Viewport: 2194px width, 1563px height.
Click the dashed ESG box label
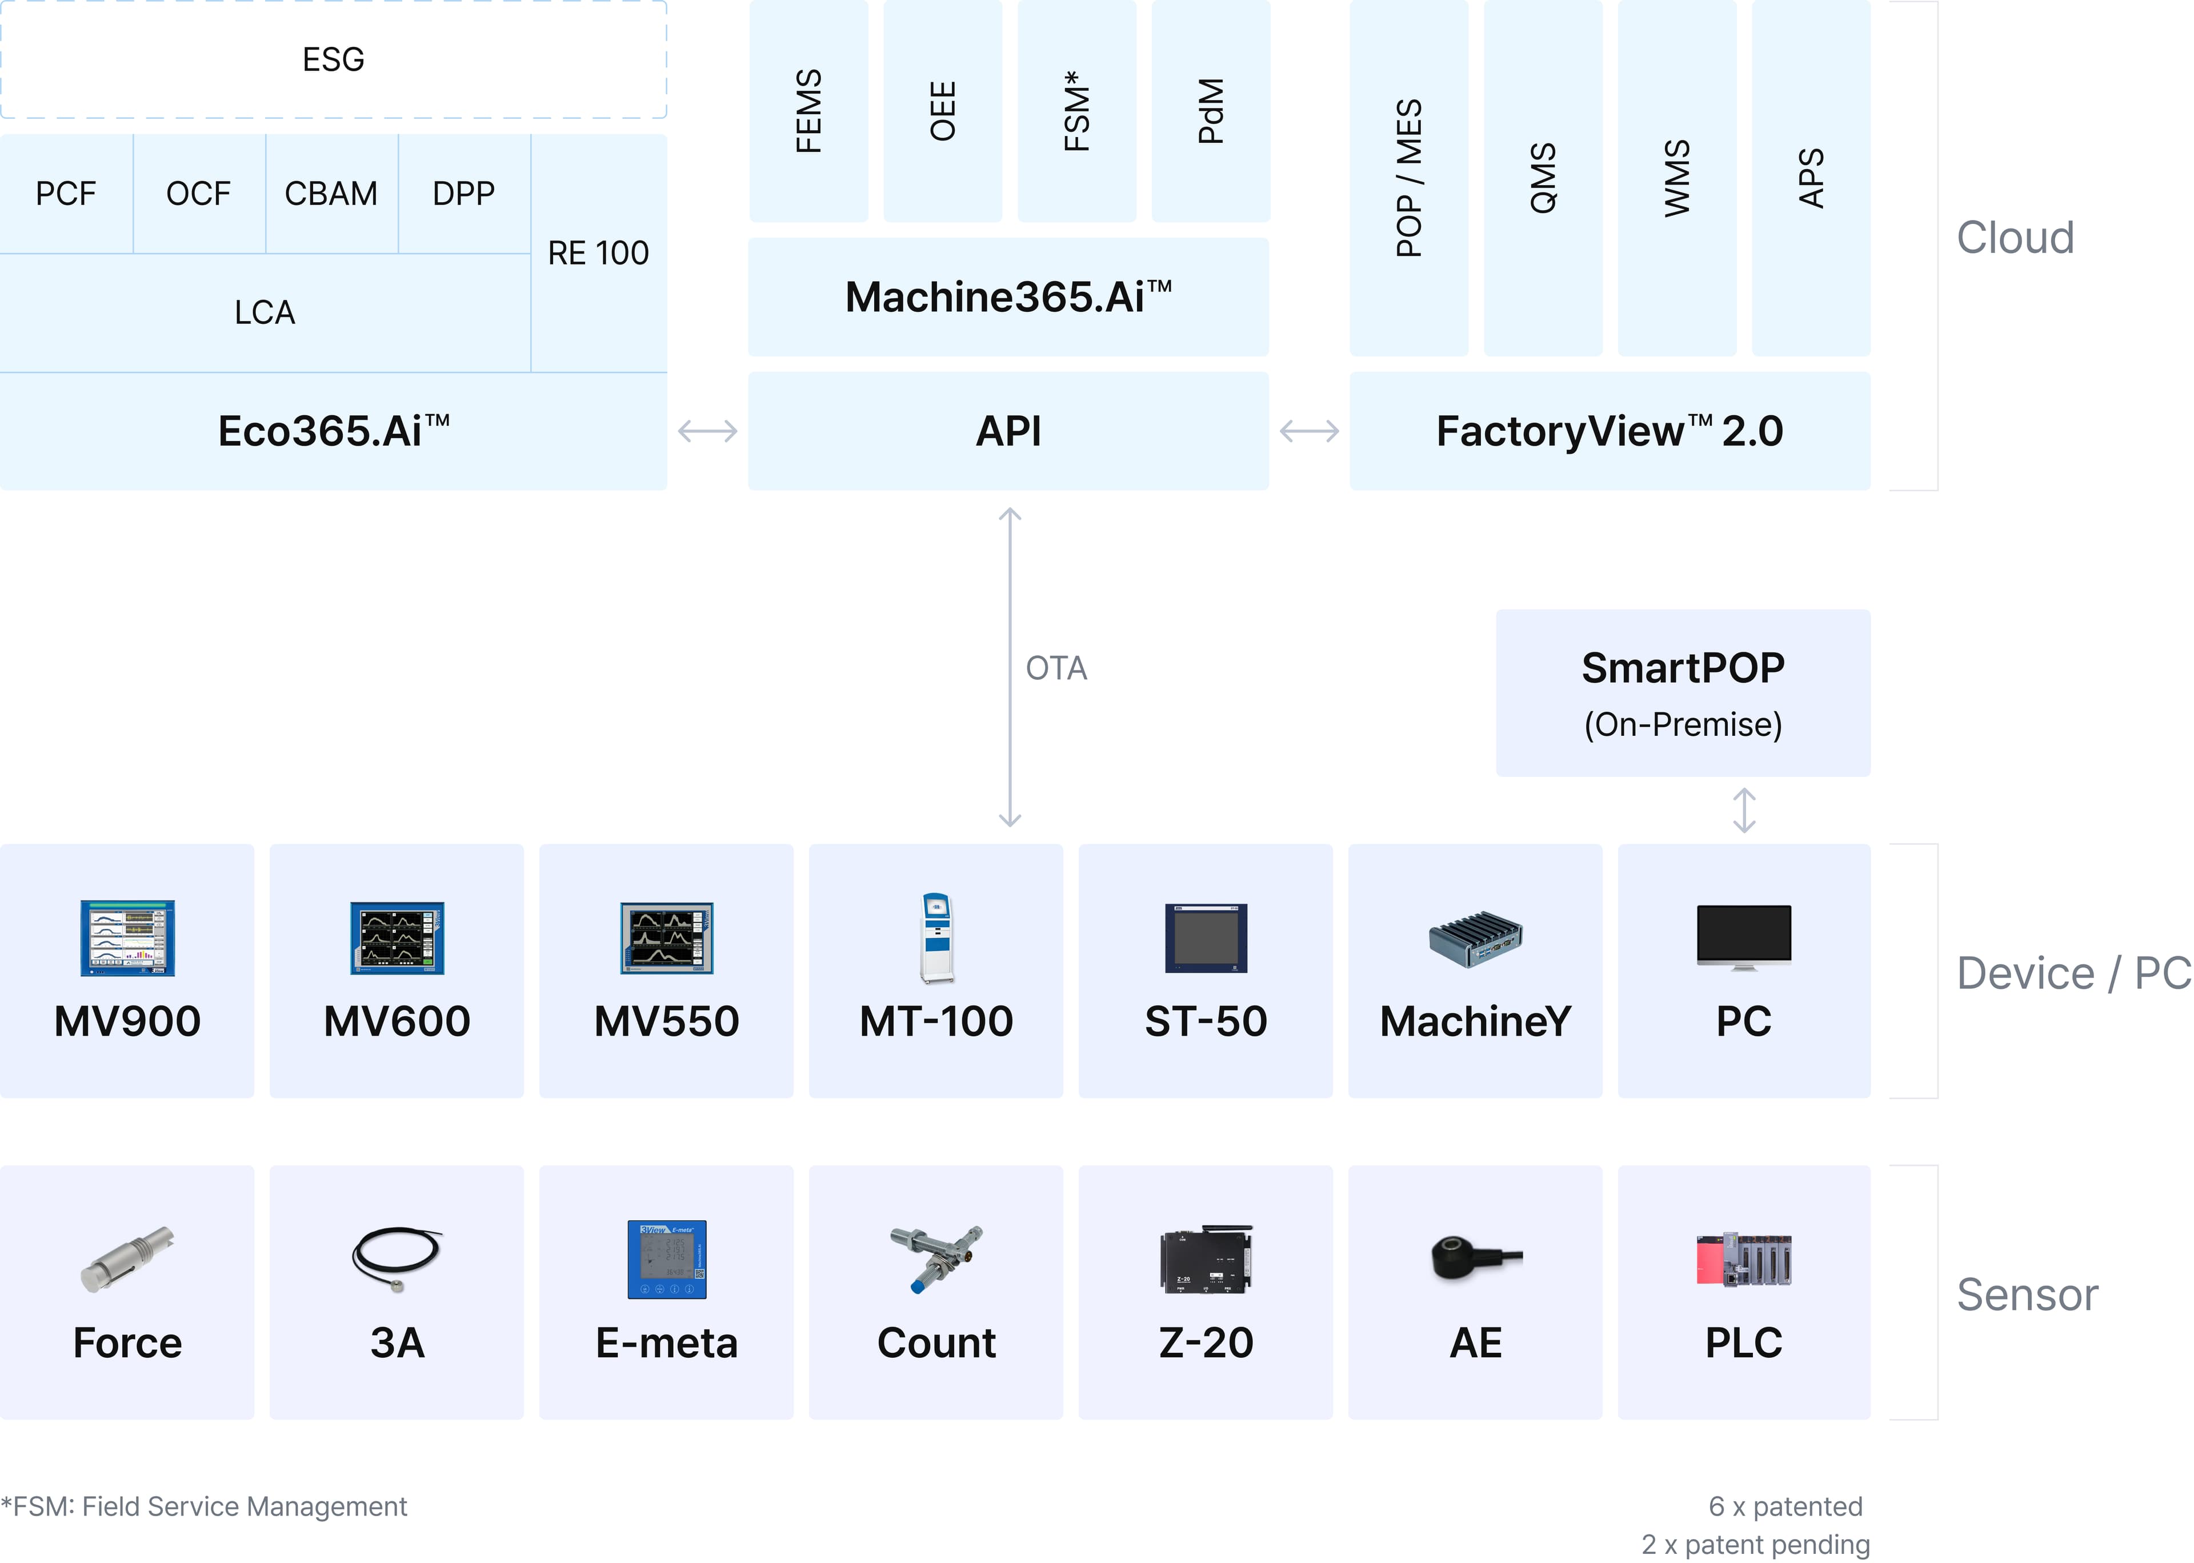click(x=333, y=59)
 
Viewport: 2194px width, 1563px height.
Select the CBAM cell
click(x=331, y=194)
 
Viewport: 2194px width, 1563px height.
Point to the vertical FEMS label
click(x=808, y=111)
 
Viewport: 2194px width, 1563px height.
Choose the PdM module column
click(x=1211, y=111)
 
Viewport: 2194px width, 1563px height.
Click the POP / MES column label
click(x=1409, y=178)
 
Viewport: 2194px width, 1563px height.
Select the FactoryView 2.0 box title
click(x=1609, y=431)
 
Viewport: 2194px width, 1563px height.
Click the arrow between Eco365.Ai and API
click(x=707, y=431)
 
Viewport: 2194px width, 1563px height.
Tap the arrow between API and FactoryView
click(x=1309, y=431)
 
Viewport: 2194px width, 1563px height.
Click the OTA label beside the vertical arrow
click(x=1056, y=668)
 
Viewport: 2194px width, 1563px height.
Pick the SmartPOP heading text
click(x=1682, y=668)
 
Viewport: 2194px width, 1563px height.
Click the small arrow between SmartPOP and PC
click(x=1744, y=811)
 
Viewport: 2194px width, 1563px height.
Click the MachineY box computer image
click(x=1475, y=939)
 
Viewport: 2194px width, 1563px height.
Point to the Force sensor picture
click(x=127, y=1258)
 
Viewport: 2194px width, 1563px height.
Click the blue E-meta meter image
click(x=667, y=1259)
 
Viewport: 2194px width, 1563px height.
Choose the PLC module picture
click(x=1744, y=1259)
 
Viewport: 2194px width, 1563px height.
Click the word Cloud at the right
click(x=2015, y=238)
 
